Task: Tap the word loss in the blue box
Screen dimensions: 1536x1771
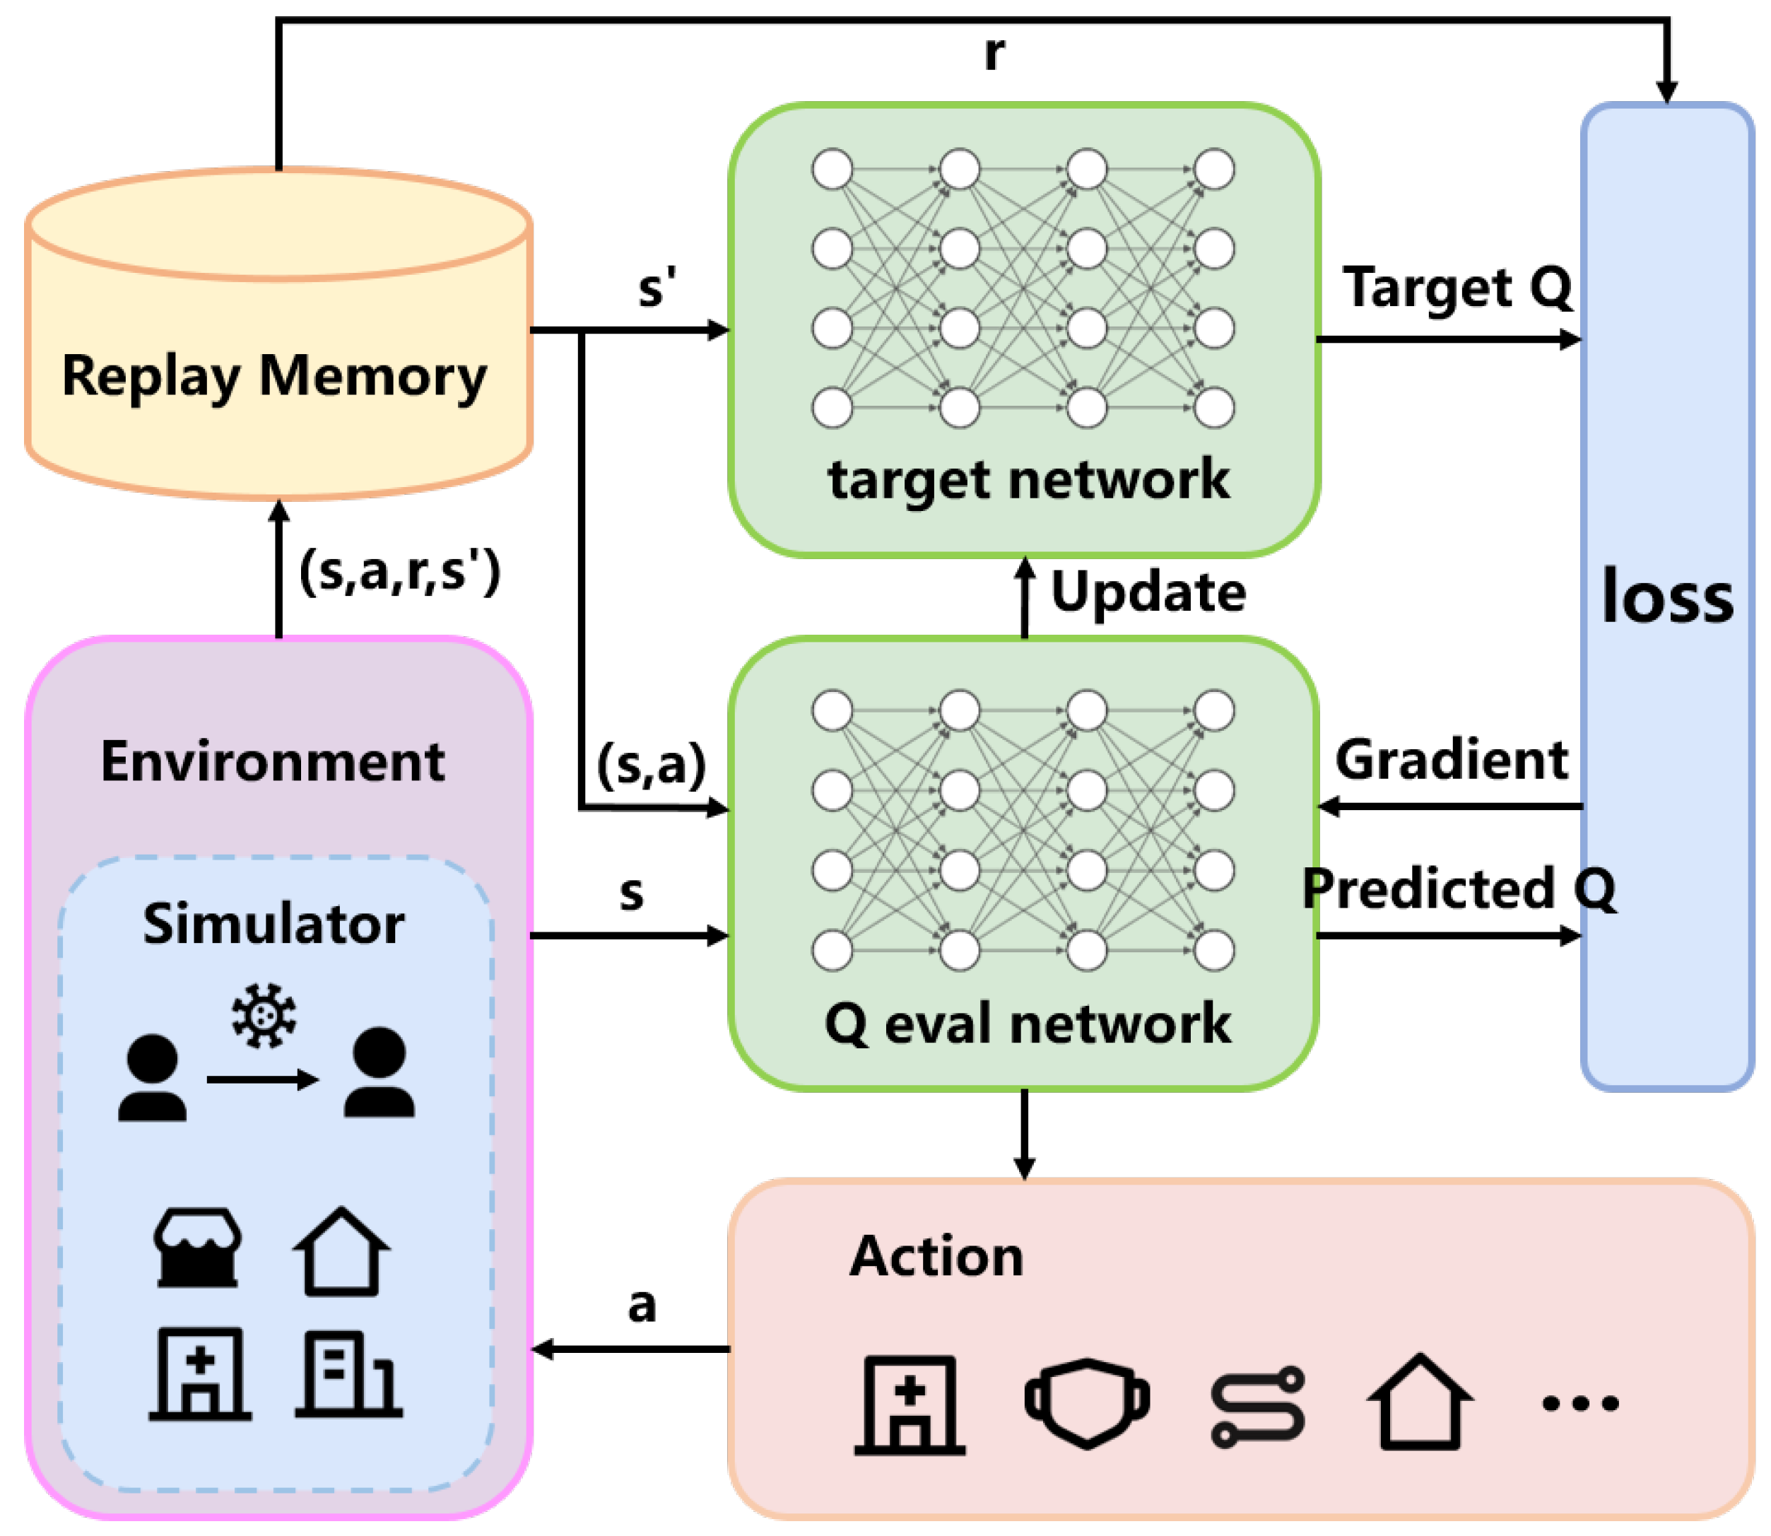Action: [1666, 597]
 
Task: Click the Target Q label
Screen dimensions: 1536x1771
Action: [1457, 287]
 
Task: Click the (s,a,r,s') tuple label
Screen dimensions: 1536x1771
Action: [399, 572]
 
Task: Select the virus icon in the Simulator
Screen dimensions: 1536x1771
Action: [264, 1016]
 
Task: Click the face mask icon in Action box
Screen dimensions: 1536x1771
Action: [1086, 1403]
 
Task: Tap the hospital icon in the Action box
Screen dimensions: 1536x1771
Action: [910, 1406]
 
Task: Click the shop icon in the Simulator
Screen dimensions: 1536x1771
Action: [197, 1249]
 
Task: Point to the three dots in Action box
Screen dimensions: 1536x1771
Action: [1580, 1404]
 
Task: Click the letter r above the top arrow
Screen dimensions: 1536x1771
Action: [993, 53]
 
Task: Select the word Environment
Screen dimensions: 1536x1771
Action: [273, 761]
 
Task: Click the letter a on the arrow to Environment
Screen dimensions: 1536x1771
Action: [642, 1306]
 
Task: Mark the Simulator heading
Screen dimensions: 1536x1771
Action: [273, 924]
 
